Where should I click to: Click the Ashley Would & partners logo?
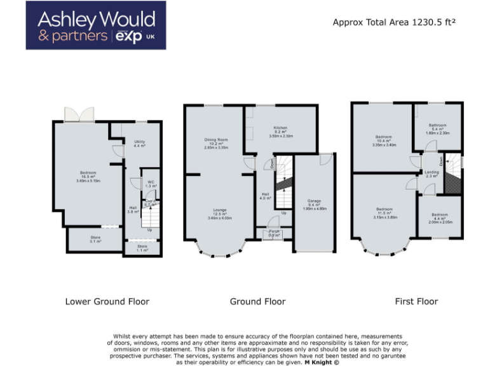(x=96, y=25)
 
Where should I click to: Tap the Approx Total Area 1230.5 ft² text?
(x=394, y=22)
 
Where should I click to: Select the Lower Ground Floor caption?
(x=107, y=301)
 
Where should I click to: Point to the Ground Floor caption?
(x=257, y=301)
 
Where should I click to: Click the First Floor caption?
(x=416, y=301)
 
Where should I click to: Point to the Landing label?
(x=432, y=172)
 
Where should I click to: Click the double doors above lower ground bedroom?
(x=79, y=114)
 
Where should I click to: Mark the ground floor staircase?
(x=284, y=184)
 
